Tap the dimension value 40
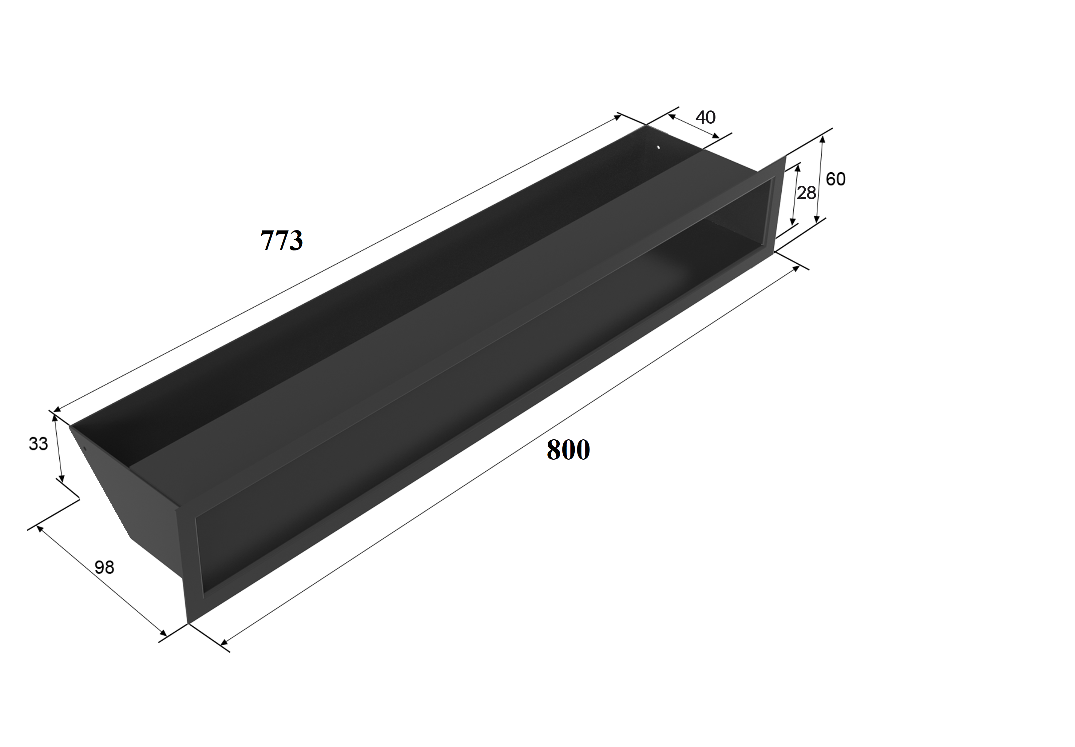pyautogui.click(x=705, y=117)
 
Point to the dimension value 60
pyautogui.click(x=835, y=179)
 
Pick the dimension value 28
pyautogui.click(x=806, y=193)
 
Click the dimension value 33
pyautogui.click(x=38, y=444)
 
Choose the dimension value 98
pyautogui.click(x=104, y=567)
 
